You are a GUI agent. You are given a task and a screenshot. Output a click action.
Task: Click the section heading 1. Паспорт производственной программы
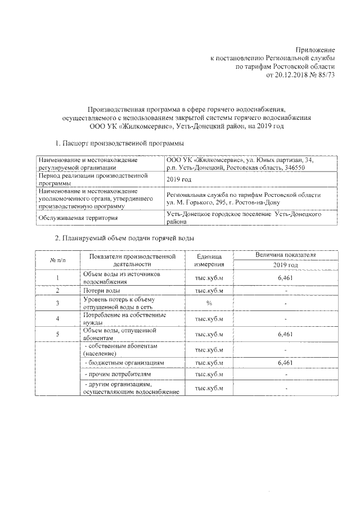pos(119,145)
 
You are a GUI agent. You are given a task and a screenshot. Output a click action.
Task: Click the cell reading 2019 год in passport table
pos(180,179)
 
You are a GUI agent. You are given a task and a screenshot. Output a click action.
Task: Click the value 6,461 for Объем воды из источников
pos(285,277)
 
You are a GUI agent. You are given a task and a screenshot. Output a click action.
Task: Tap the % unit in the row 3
pos(209,303)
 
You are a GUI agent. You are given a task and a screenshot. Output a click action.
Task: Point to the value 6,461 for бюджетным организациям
pos(285,363)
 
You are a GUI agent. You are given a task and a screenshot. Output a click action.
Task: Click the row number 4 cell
pos(58,319)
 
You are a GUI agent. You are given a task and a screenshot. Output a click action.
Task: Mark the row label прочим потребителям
pos(116,374)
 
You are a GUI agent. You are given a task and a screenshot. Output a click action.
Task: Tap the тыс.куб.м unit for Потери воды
pos(209,290)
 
